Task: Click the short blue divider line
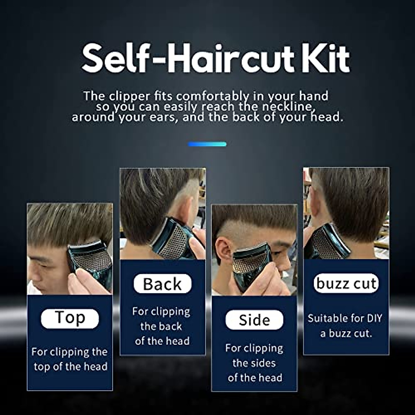coord(207,144)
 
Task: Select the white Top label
coord(70,318)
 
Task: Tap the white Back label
coord(162,284)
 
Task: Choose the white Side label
coord(254,320)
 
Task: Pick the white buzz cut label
coord(346,284)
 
